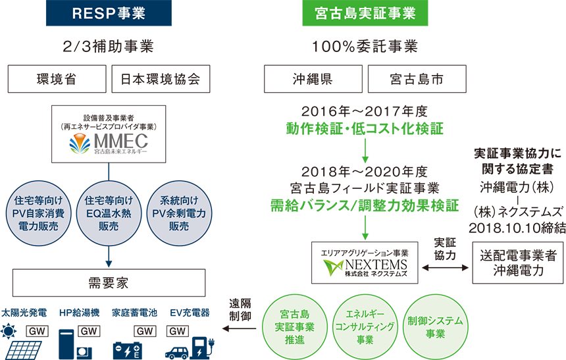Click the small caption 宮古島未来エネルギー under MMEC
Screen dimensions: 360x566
[119, 153]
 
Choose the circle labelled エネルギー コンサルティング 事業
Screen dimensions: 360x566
[365, 325]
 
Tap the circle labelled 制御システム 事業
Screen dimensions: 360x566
[435, 325]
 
